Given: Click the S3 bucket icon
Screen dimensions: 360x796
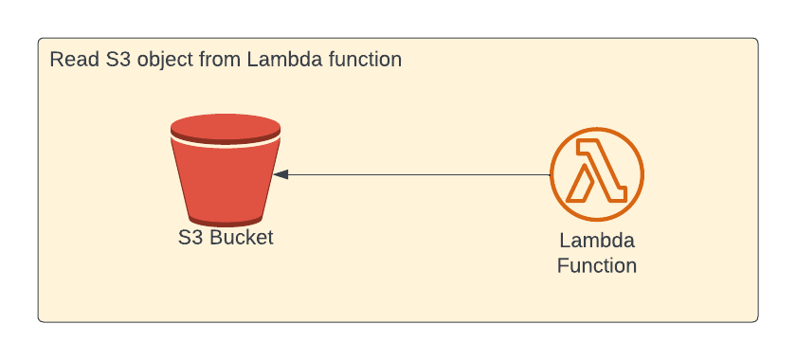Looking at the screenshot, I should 226,171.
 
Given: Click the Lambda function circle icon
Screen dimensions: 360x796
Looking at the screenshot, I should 597,175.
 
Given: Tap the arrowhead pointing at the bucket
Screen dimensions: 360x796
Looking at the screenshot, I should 280,174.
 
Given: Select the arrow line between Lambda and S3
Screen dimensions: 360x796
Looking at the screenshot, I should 417,174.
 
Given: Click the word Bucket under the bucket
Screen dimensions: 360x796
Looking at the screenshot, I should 241,237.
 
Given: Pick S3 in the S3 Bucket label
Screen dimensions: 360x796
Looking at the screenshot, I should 190,237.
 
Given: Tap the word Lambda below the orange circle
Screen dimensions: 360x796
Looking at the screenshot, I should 597,241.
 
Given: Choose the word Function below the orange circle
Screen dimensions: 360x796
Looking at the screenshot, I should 597,265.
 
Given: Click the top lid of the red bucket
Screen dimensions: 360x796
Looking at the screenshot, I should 226,127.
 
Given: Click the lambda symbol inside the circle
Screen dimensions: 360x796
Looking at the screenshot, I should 597,172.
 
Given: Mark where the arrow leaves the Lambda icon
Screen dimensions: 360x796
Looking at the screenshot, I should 551,174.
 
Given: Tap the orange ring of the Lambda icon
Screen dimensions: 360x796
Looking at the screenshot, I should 597,132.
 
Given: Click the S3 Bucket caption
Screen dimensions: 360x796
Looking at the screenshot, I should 226,237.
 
